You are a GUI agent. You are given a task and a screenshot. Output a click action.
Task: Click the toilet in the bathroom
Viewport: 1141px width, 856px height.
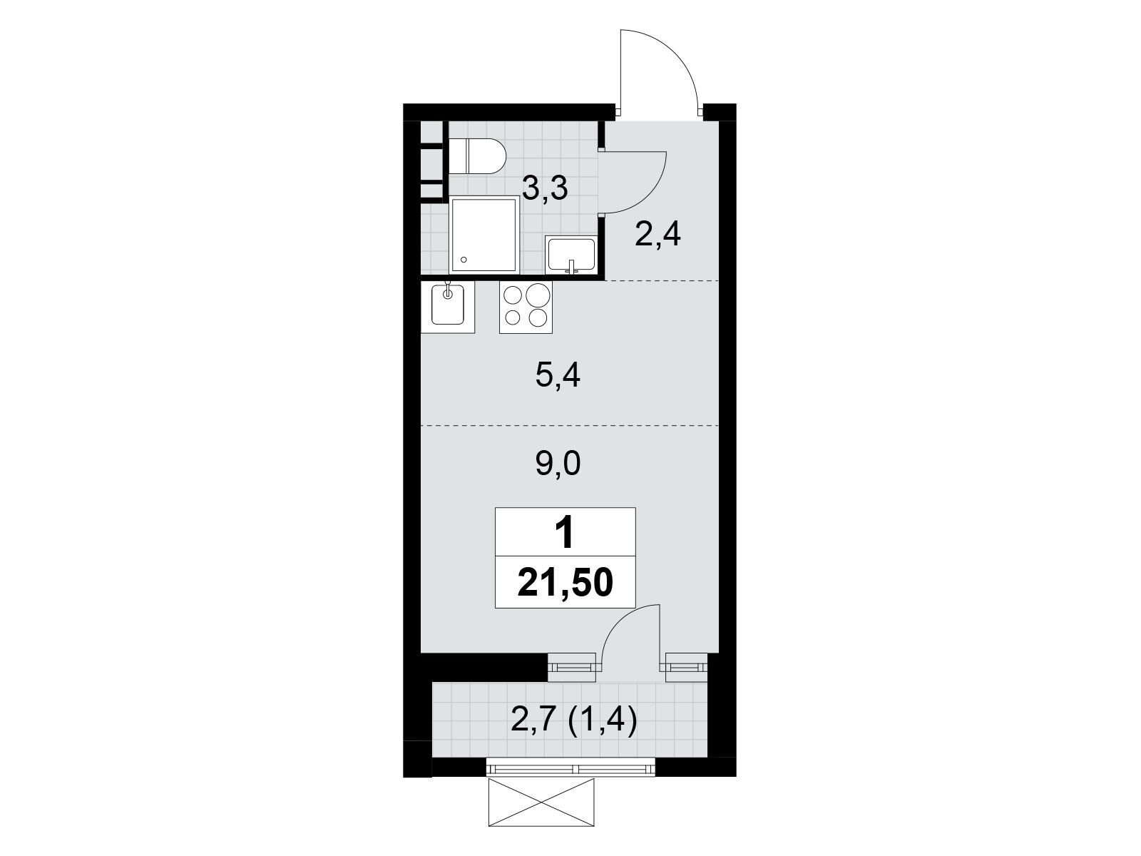point(476,156)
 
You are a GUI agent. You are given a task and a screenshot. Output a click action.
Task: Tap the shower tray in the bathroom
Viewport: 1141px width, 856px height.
point(485,234)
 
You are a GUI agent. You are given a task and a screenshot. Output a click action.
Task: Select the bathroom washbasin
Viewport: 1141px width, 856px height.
point(570,254)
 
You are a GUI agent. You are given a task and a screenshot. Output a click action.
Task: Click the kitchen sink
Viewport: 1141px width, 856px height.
point(448,307)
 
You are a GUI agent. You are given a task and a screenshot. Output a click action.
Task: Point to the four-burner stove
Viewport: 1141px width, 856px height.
point(526,307)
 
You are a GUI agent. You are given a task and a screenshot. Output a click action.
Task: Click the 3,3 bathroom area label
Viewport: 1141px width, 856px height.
point(545,188)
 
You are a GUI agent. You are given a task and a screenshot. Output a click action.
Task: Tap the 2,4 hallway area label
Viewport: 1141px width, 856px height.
point(658,235)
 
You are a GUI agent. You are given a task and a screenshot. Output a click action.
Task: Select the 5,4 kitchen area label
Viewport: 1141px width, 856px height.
point(558,376)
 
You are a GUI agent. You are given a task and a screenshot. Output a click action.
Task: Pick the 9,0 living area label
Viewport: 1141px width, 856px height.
point(558,464)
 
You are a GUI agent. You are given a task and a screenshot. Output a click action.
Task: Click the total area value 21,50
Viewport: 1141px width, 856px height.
point(566,583)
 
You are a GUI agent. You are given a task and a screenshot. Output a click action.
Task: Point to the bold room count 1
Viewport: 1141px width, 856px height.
point(565,534)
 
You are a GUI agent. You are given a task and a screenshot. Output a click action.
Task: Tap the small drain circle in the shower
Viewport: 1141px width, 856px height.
point(464,260)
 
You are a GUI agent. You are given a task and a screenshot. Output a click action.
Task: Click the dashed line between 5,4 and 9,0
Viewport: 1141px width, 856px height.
point(570,426)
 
